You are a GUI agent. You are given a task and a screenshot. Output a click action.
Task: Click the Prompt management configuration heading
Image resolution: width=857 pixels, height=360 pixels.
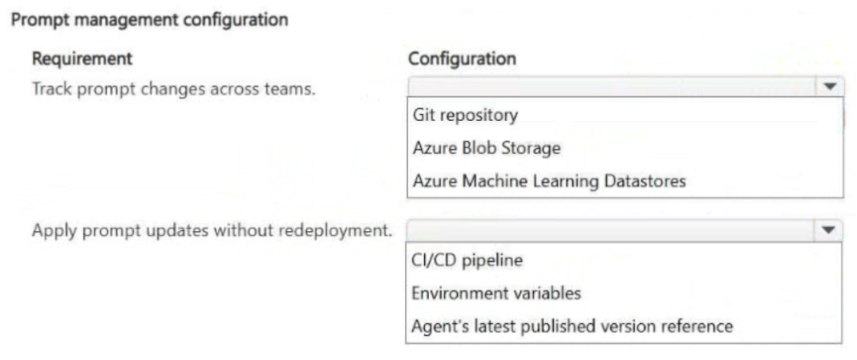point(149,20)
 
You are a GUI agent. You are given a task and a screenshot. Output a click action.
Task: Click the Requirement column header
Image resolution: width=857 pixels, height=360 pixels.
point(82,59)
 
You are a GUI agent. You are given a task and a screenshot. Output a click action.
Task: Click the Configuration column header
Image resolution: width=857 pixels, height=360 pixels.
point(462,59)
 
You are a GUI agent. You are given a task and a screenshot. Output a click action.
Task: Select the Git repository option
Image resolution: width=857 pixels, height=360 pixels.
point(465,115)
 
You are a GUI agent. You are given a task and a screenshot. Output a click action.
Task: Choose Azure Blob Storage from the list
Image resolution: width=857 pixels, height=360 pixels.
point(487,148)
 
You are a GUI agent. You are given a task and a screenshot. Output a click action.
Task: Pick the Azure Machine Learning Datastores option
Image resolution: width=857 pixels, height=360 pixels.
point(549,181)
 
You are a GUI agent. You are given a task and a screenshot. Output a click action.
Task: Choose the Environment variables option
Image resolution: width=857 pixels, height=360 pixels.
point(495,293)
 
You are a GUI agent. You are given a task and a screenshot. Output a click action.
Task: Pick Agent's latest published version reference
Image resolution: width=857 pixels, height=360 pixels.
point(572,326)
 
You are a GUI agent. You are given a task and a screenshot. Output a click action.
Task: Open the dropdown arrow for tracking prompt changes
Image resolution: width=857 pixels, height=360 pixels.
point(830,87)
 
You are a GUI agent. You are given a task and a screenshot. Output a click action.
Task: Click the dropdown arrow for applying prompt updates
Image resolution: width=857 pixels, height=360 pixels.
point(829,231)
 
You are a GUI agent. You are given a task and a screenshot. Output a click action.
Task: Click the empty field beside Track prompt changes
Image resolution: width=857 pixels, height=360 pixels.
point(612,87)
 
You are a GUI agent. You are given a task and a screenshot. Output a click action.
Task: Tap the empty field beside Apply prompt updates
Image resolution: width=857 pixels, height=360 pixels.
point(610,231)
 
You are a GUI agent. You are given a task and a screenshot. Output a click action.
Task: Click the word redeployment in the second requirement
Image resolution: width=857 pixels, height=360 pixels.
point(336,231)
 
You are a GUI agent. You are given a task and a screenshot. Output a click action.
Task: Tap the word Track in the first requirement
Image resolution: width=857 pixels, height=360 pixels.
point(52,88)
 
